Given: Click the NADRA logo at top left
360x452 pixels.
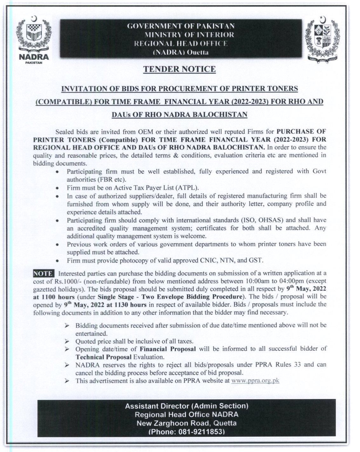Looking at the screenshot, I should coord(34,39).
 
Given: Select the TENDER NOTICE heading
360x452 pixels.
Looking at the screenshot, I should coord(180,69).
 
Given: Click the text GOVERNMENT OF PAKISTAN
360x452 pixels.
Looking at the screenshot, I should coord(181,26).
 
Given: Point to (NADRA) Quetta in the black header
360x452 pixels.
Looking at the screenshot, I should coord(181,52).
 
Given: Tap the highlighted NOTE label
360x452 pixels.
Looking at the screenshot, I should coord(44,273).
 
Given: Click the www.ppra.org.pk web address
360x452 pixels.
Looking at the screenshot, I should coord(255,381).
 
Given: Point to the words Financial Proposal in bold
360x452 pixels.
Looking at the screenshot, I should coord(168,349).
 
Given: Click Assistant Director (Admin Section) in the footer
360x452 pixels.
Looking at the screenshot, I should coord(187,406).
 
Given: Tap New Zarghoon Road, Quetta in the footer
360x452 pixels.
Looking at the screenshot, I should coord(187,423).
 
